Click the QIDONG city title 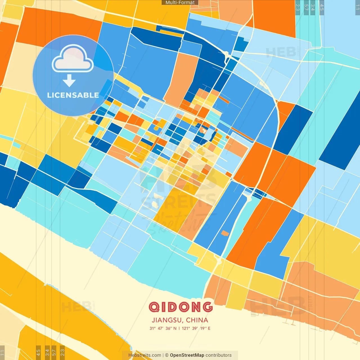tap(180, 307)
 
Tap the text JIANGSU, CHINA tap(180, 320)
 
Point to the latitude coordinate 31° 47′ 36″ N tap(163, 328)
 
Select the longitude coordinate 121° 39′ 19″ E tap(196, 328)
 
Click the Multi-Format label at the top tap(180, 3)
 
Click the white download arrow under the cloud tap(69, 80)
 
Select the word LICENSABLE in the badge tap(73, 95)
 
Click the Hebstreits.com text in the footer tap(145, 355)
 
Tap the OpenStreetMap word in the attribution tap(187, 355)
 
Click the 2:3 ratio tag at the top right tap(298, 7)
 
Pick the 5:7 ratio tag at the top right tap(306, 7)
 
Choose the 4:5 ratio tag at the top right tap(322, 7)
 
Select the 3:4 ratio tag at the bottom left tap(47, 352)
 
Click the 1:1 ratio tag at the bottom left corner tap(2, 352)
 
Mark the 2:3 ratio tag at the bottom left tap(62, 352)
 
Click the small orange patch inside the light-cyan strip tap(225, 233)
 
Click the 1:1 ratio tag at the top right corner tap(357, 7)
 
